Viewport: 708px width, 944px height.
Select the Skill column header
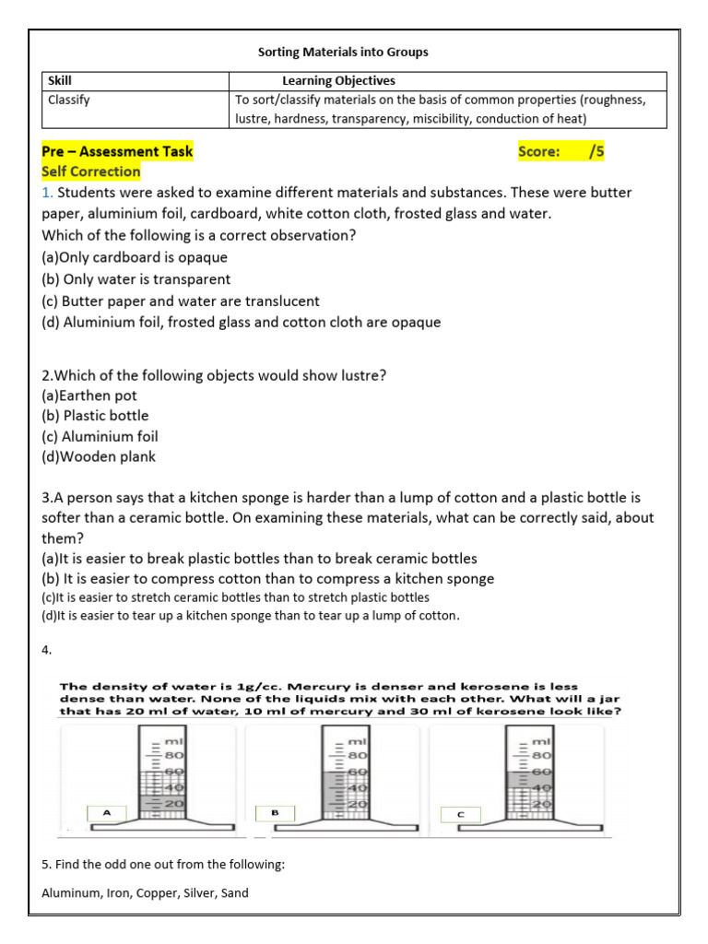click(x=60, y=81)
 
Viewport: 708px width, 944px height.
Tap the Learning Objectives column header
click(x=338, y=81)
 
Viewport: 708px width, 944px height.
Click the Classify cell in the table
click(x=69, y=100)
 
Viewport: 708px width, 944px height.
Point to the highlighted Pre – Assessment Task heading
click(x=117, y=151)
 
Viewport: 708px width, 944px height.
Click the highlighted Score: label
click(x=539, y=151)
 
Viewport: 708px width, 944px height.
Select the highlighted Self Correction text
click(x=91, y=171)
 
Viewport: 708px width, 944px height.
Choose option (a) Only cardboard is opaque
click(x=135, y=257)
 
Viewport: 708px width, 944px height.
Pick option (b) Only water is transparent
click(x=136, y=279)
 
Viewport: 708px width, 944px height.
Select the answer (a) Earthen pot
click(x=89, y=395)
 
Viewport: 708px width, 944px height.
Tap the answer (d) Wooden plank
click(x=99, y=456)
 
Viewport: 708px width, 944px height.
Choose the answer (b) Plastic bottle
click(x=95, y=416)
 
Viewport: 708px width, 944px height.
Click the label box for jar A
click(x=107, y=813)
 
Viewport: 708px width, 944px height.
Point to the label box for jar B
click(x=275, y=813)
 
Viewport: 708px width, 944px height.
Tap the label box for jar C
click(x=460, y=814)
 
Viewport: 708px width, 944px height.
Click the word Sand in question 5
click(x=234, y=892)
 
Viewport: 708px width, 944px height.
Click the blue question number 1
click(x=46, y=193)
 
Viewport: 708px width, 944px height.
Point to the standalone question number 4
click(x=46, y=650)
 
